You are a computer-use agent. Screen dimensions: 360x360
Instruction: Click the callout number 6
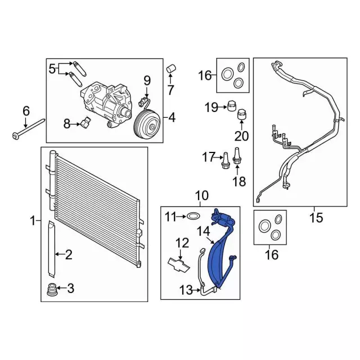tap(26, 111)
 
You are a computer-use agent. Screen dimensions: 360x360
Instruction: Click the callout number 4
tap(172, 118)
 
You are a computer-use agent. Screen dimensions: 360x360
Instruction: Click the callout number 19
tap(210, 106)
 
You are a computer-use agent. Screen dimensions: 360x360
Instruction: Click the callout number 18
tap(239, 181)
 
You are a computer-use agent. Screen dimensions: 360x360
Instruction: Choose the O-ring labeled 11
tap(193, 215)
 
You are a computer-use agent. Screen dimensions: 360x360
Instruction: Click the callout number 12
tap(182, 243)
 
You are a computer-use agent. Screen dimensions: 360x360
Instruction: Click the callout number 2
tap(69, 256)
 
